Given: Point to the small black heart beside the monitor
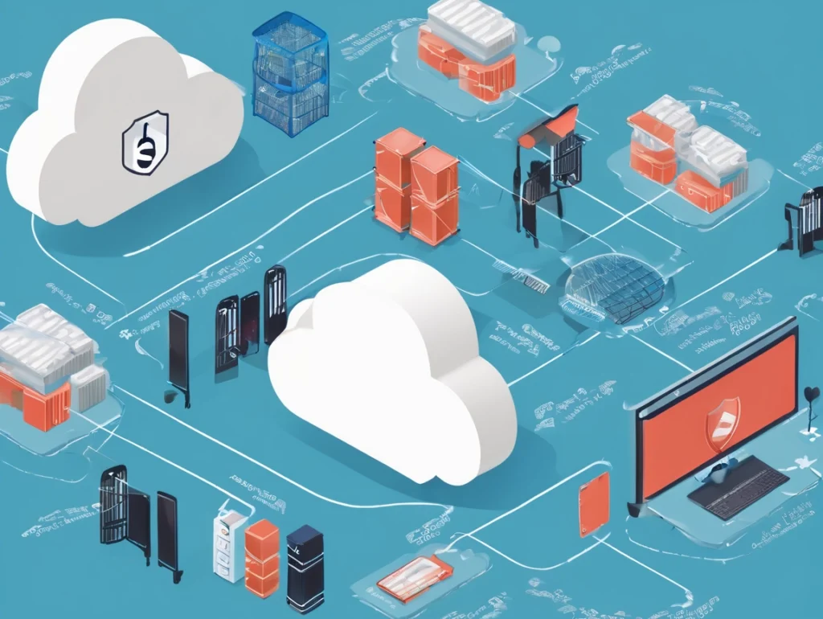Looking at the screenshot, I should (x=811, y=394).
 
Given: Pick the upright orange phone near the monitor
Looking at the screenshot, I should (x=593, y=503).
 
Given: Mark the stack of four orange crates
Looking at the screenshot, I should (x=416, y=186).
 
